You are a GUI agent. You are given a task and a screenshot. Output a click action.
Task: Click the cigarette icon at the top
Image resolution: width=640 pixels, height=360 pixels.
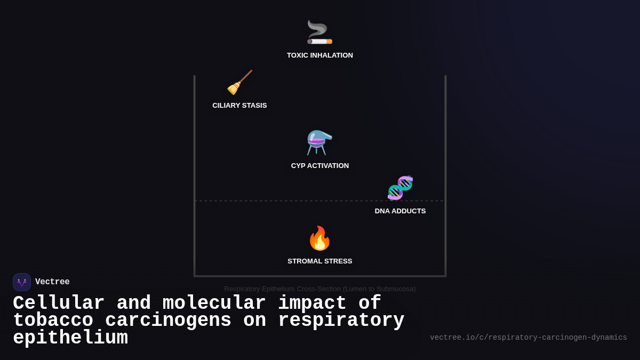pyautogui.click(x=319, y=33)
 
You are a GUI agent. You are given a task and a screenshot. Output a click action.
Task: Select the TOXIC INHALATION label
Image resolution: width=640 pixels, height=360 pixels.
pyautogui.click(x=319, y=55)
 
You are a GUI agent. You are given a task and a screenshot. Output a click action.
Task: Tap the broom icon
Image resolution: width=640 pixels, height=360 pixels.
pyautogui.click(x=239, y=83)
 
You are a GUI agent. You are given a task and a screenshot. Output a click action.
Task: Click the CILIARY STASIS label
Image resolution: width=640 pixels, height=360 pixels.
pyautogui.click(x=239, y=106)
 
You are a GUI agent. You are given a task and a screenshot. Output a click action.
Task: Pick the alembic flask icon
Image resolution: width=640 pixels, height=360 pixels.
pyautogui.click(x=319, y=143)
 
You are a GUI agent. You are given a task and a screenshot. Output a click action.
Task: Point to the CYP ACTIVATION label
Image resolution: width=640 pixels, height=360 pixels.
pyautogui.click(x=319, y=166)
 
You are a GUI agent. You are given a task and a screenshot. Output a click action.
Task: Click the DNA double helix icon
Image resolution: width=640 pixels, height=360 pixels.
pyautogui.click(x=400, y=188)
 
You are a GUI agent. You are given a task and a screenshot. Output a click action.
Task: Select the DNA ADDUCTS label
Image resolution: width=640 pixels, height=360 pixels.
pyautogui.click(x=400, y=211)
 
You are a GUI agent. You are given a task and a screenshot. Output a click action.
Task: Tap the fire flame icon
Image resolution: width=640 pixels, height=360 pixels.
pyautogui.click(x=319, y=238)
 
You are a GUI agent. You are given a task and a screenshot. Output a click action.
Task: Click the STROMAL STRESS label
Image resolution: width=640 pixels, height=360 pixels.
pyautogui.click(x=319, y=261)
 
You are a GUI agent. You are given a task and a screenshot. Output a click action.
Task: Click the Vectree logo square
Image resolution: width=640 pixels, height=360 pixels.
pyautogui.click(x=22, y=282)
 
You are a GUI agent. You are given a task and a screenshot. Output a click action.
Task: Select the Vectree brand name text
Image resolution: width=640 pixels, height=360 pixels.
pyautogui.click(x=52, y=282)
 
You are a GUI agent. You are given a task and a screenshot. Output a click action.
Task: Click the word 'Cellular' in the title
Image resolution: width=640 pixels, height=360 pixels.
pyautogui.click(x=59, y=303)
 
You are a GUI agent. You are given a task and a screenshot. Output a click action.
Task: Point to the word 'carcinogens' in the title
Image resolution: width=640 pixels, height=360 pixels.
pyautogui.click(x=168, y=321)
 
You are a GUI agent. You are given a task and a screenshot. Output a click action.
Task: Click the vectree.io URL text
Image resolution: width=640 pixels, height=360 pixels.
pyautogui.click(x=528, y=338)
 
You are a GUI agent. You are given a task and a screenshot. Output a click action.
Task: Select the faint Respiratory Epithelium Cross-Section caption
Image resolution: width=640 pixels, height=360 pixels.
pyautogui.click(x=319, y=289)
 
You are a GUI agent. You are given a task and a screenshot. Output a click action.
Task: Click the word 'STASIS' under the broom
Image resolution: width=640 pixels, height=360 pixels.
pyautogui.click(x=254, y=106)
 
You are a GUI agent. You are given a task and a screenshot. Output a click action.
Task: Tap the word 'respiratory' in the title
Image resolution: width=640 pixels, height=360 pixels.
pyautogui.click(x=341, y=321)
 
